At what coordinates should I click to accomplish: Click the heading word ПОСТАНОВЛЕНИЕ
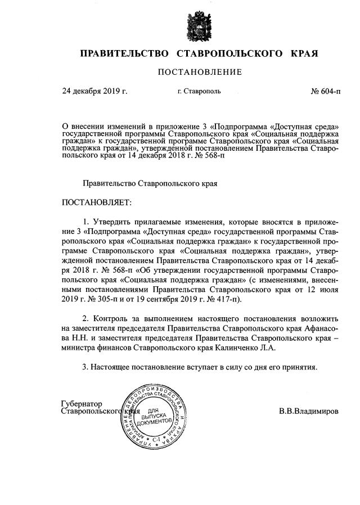pos(200,72)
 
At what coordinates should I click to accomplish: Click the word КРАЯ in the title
pos(305,54)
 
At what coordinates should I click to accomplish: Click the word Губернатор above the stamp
pos(82,403)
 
